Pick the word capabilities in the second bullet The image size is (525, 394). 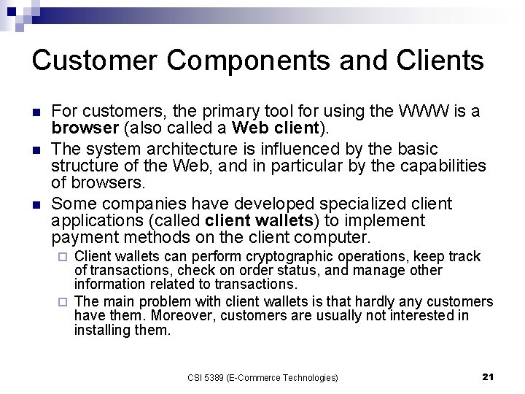441,166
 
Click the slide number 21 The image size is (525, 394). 489,376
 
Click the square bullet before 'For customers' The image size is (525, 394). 36,113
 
